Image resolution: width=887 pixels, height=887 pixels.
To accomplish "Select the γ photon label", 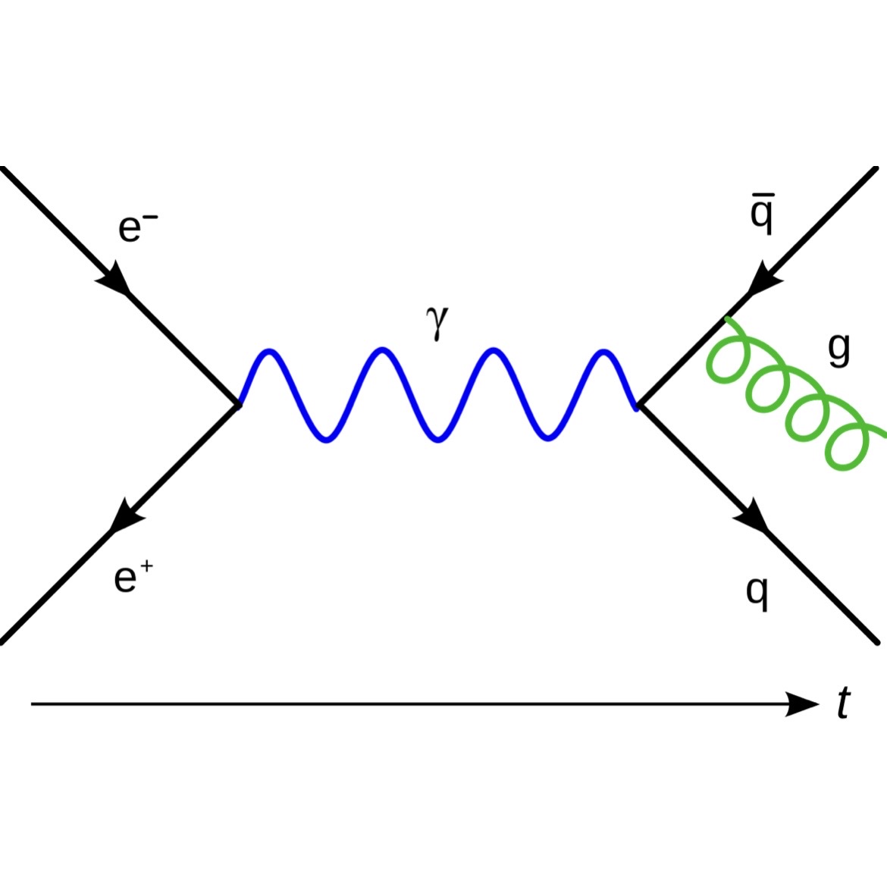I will (x=437, y=321).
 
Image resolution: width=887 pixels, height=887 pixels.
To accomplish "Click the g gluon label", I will (x=838, y=349).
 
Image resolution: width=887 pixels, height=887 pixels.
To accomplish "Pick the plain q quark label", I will (x=757, y=591).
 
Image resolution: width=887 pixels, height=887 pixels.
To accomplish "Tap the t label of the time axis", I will (x=843, y=704).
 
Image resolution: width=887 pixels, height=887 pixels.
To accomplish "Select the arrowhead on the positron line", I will (x=126, y=517).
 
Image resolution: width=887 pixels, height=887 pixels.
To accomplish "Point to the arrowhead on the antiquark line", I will (x=764, y=281).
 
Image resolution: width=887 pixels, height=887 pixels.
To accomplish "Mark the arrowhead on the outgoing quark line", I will (x=752, y=516).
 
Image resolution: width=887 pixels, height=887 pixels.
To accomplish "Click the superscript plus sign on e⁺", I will (x=146, y=566).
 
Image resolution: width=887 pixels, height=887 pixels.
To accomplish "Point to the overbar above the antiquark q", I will (x=761, y=196).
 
